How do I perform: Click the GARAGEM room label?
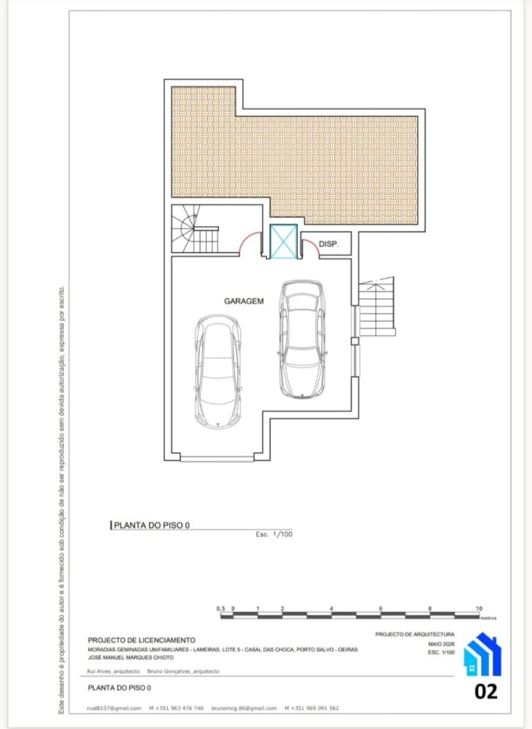[244, 301]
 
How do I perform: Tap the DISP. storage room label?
[329, 244]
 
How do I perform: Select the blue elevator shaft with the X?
[284, 241]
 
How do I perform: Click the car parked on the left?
[218, 371]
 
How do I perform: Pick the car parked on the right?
[302, 339]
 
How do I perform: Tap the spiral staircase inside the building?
[194, 228]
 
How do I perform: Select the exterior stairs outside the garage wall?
[377, 307]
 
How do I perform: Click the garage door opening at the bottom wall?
[217, 459]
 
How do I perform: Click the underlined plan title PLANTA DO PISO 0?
[152, 525]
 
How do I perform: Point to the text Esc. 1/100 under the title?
[274, 534]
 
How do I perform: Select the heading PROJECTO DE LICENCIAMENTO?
[141, 640]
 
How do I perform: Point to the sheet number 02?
[486, 692]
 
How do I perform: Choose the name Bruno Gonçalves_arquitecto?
[183, 671]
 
